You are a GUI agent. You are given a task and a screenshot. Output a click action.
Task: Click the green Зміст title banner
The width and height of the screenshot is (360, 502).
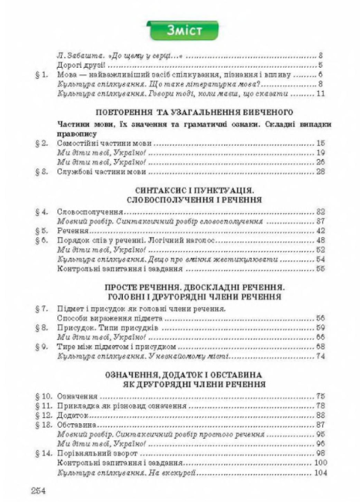(x=179, y=32)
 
